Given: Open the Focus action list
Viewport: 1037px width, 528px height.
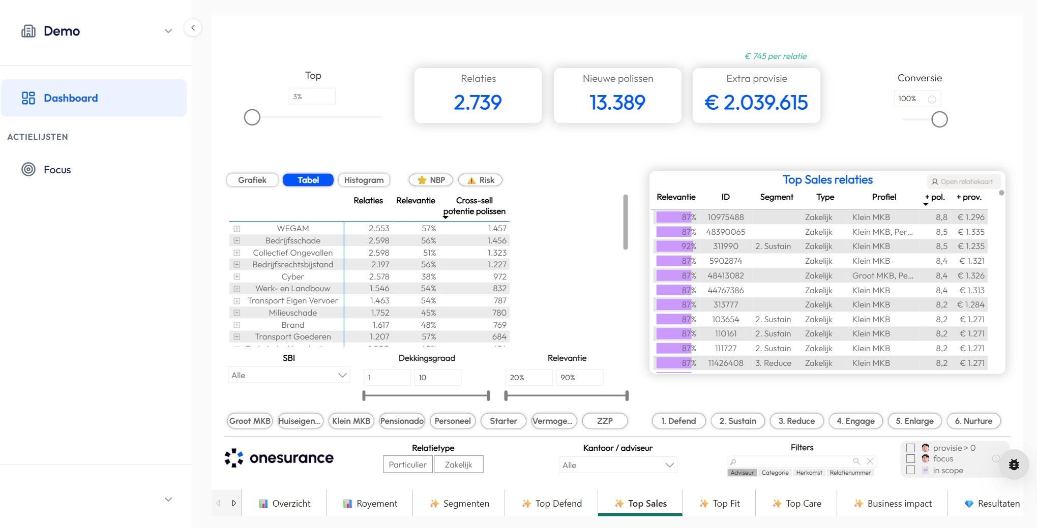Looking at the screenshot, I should point(56,170).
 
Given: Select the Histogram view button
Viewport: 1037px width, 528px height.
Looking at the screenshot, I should point(364,180).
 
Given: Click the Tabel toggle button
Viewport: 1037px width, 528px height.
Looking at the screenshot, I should point(308,180).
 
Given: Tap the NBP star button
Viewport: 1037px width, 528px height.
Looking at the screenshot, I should point(431,180).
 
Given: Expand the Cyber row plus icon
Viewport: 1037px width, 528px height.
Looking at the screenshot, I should point(237,276).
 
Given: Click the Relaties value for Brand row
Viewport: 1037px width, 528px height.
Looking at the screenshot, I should point(380,325).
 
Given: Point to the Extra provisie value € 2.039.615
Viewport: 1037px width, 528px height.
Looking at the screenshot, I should point(756,103).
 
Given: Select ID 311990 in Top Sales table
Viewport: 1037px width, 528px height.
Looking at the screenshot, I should point(725,246).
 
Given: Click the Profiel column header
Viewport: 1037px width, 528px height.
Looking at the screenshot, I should point(884,197).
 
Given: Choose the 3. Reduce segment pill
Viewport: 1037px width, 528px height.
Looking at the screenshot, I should point(796,421).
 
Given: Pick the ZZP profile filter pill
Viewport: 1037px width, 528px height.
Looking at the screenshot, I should point(605,421).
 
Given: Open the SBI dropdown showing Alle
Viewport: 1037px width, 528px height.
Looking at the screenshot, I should point(288,375).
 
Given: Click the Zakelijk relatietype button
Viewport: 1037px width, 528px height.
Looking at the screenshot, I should point(458,464).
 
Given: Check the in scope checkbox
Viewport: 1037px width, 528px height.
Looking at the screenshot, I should point(910,471).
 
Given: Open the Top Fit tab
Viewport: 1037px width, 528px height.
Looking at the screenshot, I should point(719,504).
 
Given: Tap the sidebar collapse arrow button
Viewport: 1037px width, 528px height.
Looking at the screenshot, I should point(193,28).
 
